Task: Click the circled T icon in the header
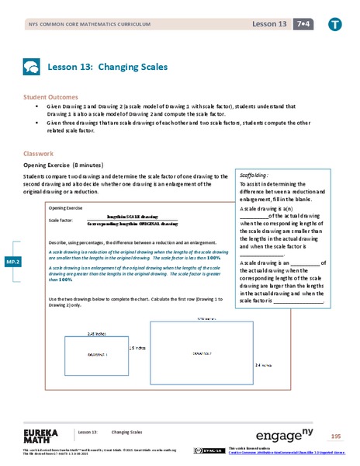click(x=334, y=24)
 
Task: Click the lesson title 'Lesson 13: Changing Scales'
click(x=108, y=67)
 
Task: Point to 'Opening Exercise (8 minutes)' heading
click(x=71, y=166)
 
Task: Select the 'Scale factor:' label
click(x=61, y=221)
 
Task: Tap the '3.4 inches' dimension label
click(x=264, y=363)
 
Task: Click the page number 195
click(x=336, y=436)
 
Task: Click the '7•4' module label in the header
click(x=299, y=24)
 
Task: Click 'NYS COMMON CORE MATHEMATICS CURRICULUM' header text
click(x=84, y=25)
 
